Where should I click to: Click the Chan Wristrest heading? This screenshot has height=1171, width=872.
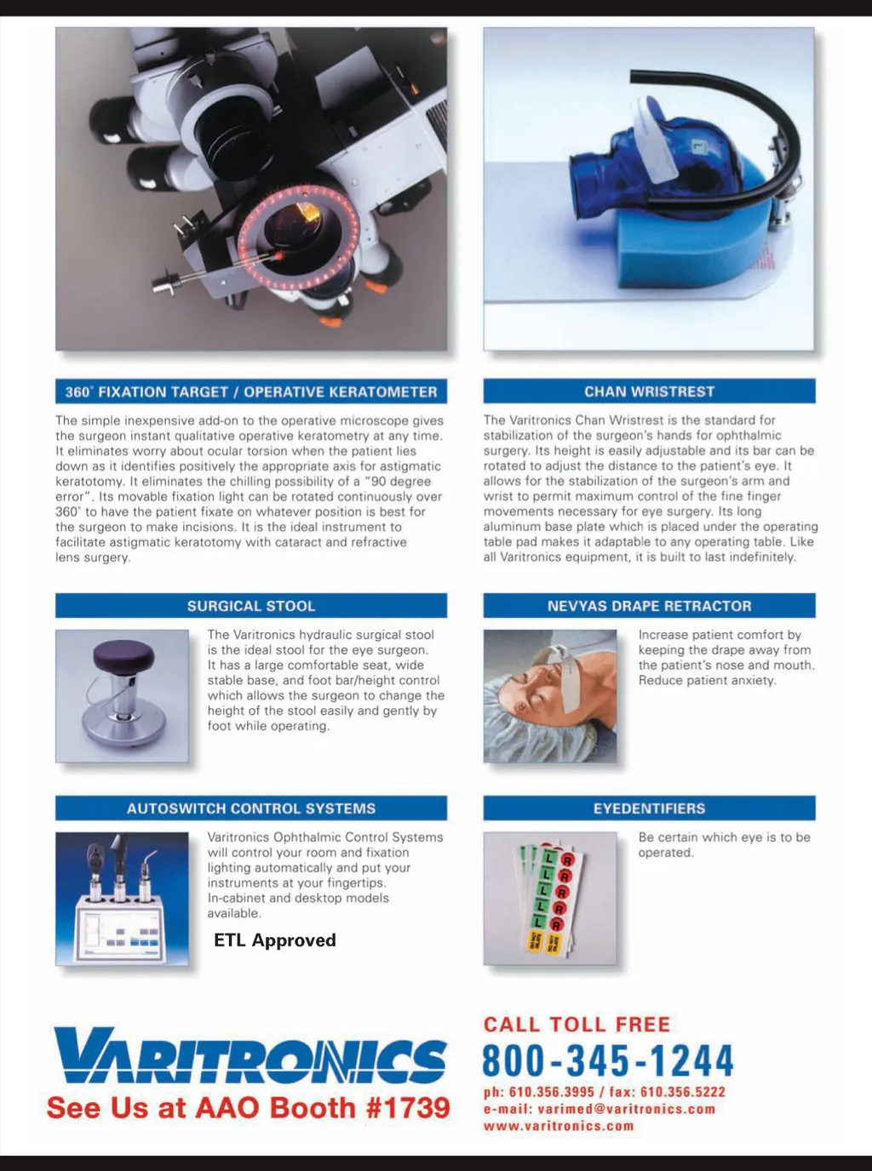coord(649,391)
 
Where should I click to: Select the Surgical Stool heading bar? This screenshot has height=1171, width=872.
coord(251,606)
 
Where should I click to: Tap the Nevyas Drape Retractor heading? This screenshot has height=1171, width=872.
coord(649,606)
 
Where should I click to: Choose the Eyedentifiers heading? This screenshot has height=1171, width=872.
coord(649,808)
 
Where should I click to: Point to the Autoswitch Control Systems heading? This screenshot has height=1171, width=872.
coord(251,808)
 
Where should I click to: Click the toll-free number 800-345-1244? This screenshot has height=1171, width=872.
coord(608,1060)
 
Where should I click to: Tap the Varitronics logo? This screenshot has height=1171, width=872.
coord(250,1054)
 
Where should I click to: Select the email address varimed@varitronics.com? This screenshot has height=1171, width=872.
coord(626,1109)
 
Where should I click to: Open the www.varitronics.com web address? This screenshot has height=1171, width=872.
coord(559,1126)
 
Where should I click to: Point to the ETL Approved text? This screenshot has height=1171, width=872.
coord(275,940)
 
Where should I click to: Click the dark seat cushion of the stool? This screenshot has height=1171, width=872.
coord(123,654)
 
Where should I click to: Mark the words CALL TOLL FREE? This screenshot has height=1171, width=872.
coord(577,1025)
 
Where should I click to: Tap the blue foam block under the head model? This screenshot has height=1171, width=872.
coord(687,237)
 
